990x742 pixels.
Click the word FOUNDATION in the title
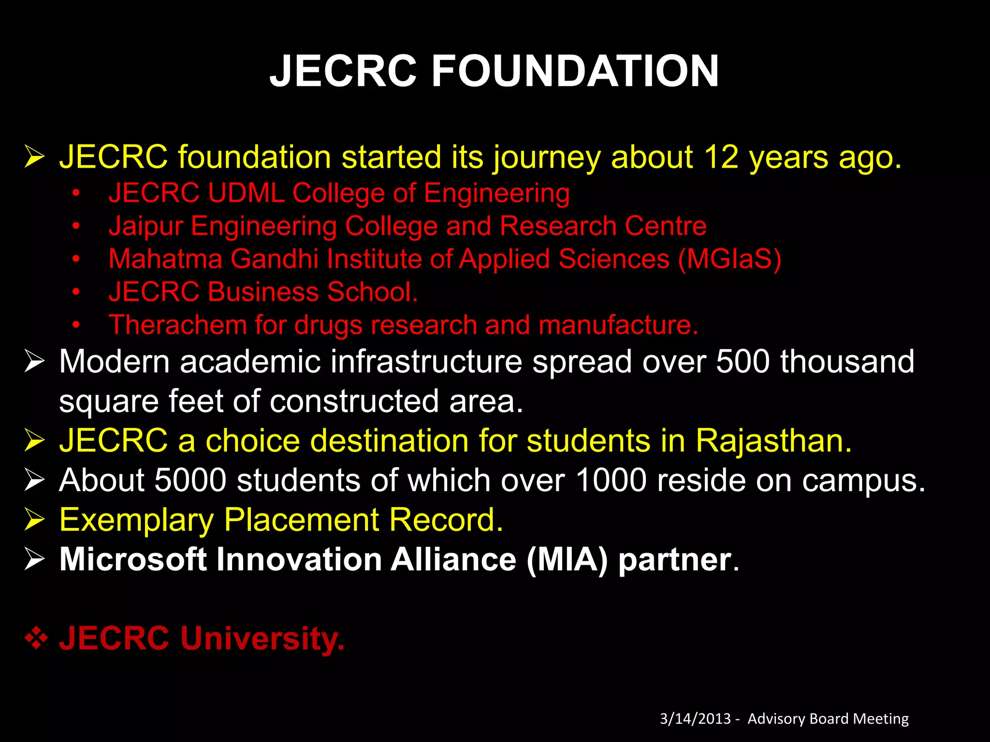(575, 71)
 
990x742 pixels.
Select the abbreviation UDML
(246, 193)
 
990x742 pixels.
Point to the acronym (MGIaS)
(729, 259)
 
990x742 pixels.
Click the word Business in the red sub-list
(263, 292)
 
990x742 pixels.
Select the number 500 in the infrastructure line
(742, 361)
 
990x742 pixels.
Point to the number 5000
(190, 480)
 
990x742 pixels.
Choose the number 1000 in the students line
(611, 480)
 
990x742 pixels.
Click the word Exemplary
(136, 520)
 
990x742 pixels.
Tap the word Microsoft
(133, 559)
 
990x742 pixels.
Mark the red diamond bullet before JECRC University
(36, 639)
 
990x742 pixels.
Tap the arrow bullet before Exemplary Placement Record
(34, 520)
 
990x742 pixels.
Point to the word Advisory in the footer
(776, 719)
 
